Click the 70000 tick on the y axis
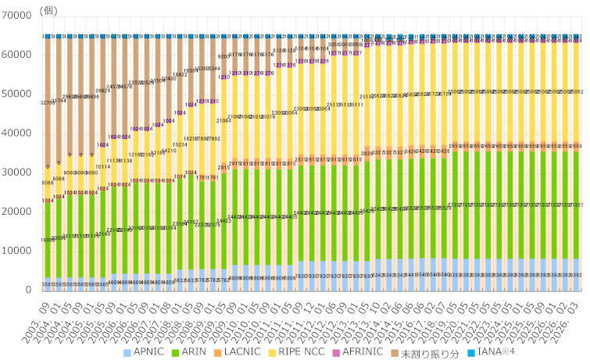click(16, 16)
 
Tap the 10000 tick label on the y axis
click(16, 251)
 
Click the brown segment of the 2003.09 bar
click(48, 102)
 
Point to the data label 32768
click(48, 102)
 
